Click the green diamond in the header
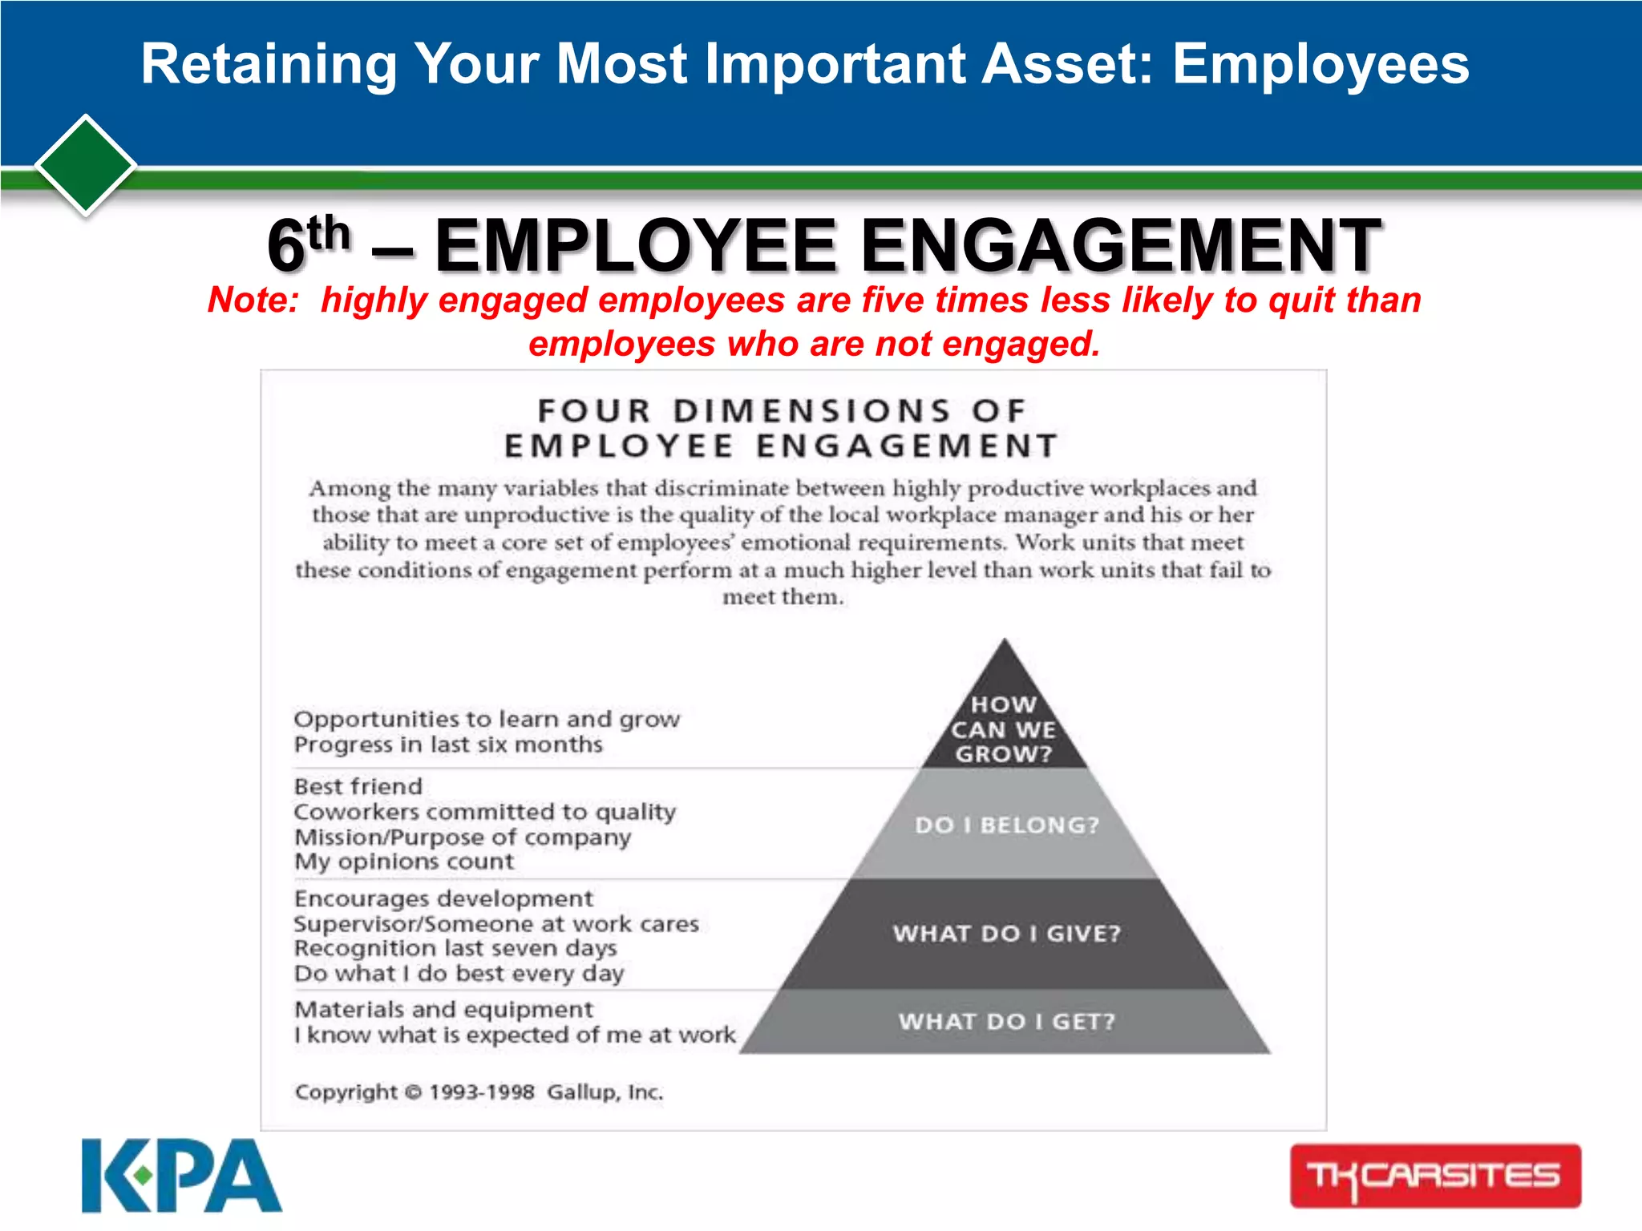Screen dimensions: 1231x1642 click(85, 165)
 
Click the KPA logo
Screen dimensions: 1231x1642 click(181, 1176)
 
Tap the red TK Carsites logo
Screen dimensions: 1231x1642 click(1435, 1176)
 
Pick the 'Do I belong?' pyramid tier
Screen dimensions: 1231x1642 click(1007, 825)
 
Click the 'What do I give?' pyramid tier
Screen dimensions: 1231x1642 click(1007, 934)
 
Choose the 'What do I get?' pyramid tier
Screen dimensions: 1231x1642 click(1007, 1022)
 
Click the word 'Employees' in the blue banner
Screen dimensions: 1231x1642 click(1320, 64)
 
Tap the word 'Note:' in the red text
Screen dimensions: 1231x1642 click(253, 301)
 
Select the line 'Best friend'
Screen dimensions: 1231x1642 click(358, 786)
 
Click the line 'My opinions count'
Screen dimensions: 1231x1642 click(404, 862)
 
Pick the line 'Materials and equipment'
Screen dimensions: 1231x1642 click(443, 1009)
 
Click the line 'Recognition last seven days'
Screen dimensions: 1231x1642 click(455, 948)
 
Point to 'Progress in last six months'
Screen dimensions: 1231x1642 click(448, 745)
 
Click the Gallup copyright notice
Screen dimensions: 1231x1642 click(479, 1092)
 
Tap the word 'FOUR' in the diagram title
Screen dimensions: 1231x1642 click(593, 411)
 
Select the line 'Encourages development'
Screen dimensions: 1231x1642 click(443, 898)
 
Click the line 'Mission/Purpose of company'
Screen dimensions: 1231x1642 click(463, 837)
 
